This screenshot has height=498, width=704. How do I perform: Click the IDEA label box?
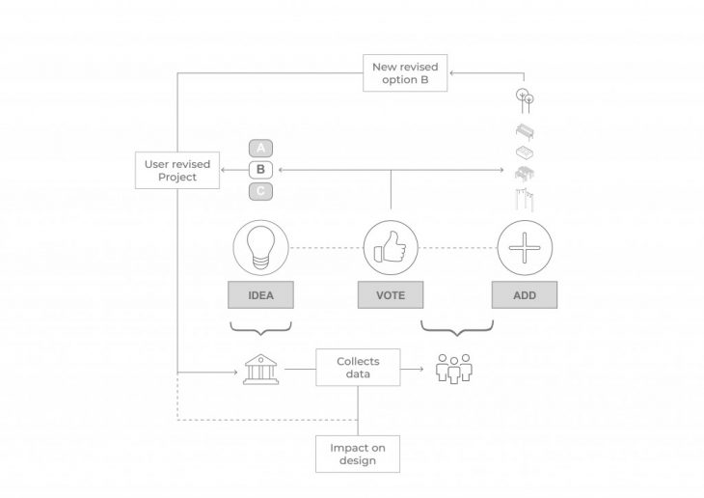click(x=260, y=295)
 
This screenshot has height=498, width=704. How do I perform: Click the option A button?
click(x=261, y=148)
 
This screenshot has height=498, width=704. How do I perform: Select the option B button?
click(x=261, y=170)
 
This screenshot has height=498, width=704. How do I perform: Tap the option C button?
click(x=261, y=191)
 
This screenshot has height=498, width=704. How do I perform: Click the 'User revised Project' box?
click(x=177, y=170)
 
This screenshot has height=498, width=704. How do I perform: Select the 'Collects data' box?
click(x=357, y=369)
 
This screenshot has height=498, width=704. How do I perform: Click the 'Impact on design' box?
click(x=357, y=454)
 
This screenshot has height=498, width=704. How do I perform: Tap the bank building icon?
click(x=260, y=369)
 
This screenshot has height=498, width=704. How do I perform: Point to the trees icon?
click(x=525, y=99)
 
